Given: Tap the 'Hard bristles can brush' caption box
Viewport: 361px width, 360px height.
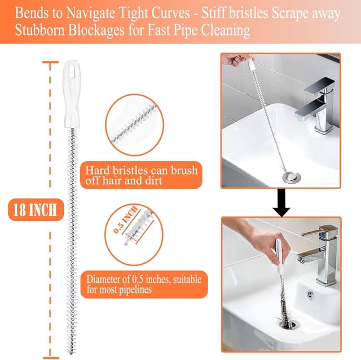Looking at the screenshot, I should click(141, 175).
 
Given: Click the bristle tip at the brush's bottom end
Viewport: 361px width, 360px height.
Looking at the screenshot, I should click(72, 349).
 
